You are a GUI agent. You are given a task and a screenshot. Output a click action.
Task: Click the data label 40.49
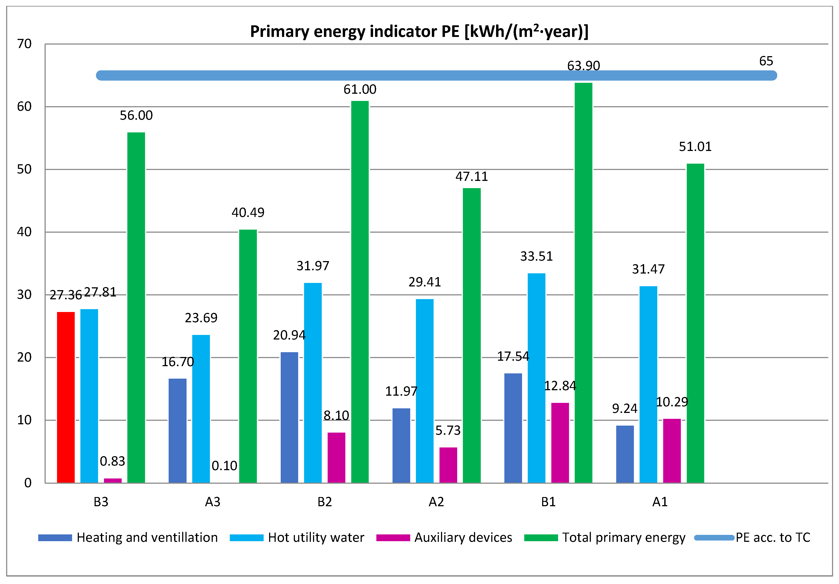coord(248,212)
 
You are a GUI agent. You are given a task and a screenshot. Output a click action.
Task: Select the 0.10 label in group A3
coord(224,466)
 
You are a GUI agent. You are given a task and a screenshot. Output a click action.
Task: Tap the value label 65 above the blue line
coord(766,61)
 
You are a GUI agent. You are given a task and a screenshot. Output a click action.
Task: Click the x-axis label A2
coord(436,502)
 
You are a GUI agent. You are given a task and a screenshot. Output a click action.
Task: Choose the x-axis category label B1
coord(548,502)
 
